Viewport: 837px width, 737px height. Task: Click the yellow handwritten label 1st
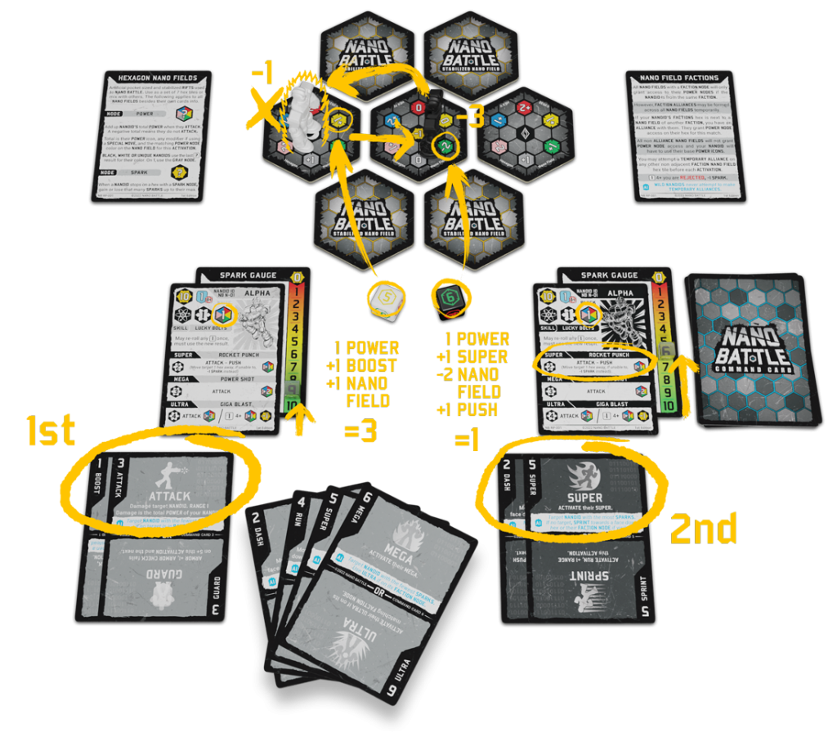51,431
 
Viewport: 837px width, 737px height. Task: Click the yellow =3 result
360,431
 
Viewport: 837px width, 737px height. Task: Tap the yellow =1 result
468,440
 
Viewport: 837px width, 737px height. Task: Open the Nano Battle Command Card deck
750,347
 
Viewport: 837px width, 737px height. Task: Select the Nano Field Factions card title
676,82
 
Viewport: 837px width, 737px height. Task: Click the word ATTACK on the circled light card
170,496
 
